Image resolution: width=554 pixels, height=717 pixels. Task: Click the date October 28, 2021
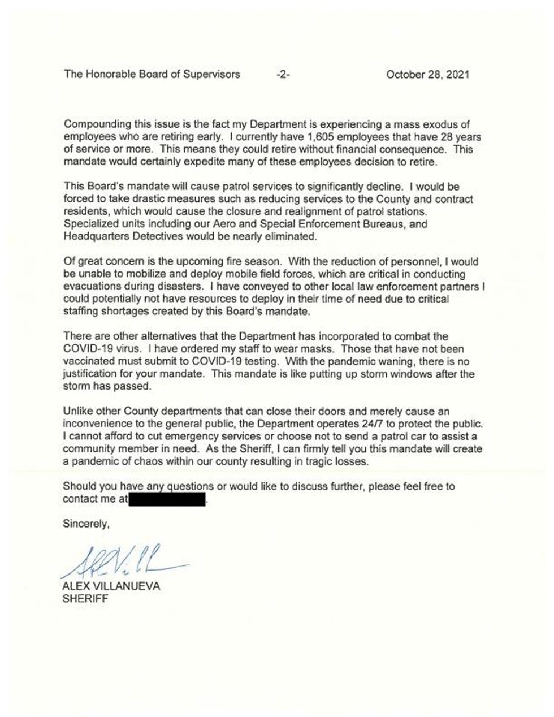click(x=427, y=74)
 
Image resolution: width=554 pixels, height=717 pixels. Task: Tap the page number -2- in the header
click(x=281, y=74)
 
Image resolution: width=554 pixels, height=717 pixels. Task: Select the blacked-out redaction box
click(x=168, y=499)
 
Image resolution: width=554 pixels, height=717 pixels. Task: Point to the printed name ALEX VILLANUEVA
click(x=111, y=586)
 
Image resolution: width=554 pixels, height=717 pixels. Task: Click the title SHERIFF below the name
click(x=85, y=598)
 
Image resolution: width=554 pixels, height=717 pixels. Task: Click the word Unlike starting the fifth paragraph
click(x=77, y=412)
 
